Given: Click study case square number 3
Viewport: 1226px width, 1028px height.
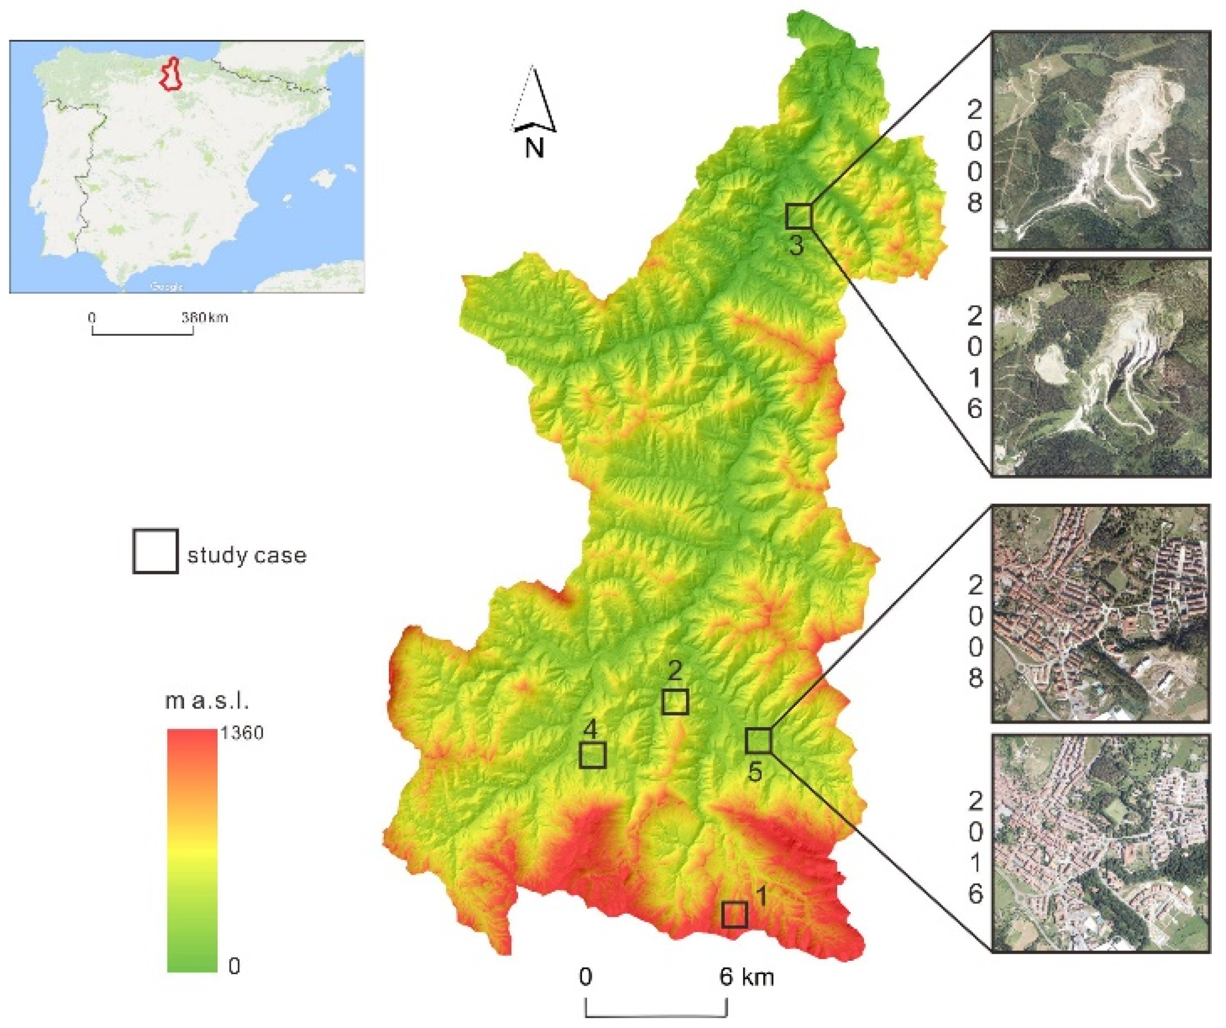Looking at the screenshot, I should pyautogui.click(x=799, y=216).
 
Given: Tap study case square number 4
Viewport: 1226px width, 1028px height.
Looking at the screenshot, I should pyautogui.click(x=592, y=754).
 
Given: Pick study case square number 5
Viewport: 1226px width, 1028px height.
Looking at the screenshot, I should pyautogui.click(x=758, y=740).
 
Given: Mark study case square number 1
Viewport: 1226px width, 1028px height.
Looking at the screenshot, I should pyautogui.click(x=734, y=914).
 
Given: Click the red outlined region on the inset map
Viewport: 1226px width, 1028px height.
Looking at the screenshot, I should pyautogui.click(x=171, y=74).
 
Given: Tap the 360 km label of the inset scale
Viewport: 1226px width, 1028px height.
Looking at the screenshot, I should pyautogui.click(x=204, y=318).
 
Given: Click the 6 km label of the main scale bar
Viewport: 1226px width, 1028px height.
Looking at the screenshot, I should pyautogui.click(x=747, y=977).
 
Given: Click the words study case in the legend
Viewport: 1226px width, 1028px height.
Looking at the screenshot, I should pyautogui.click(x=246, y=555).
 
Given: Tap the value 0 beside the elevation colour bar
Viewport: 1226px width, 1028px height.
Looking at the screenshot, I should pyautogui.click(x=234, y=967).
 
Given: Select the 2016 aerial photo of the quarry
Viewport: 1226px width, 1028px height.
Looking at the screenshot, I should pyautogui.click(x=1100, y=367).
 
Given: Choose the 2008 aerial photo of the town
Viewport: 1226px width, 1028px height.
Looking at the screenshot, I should pyautogui.click(x=1100, y=613).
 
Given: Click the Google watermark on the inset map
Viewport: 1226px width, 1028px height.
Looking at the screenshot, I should pyautogui.click(x=166, y=286).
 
